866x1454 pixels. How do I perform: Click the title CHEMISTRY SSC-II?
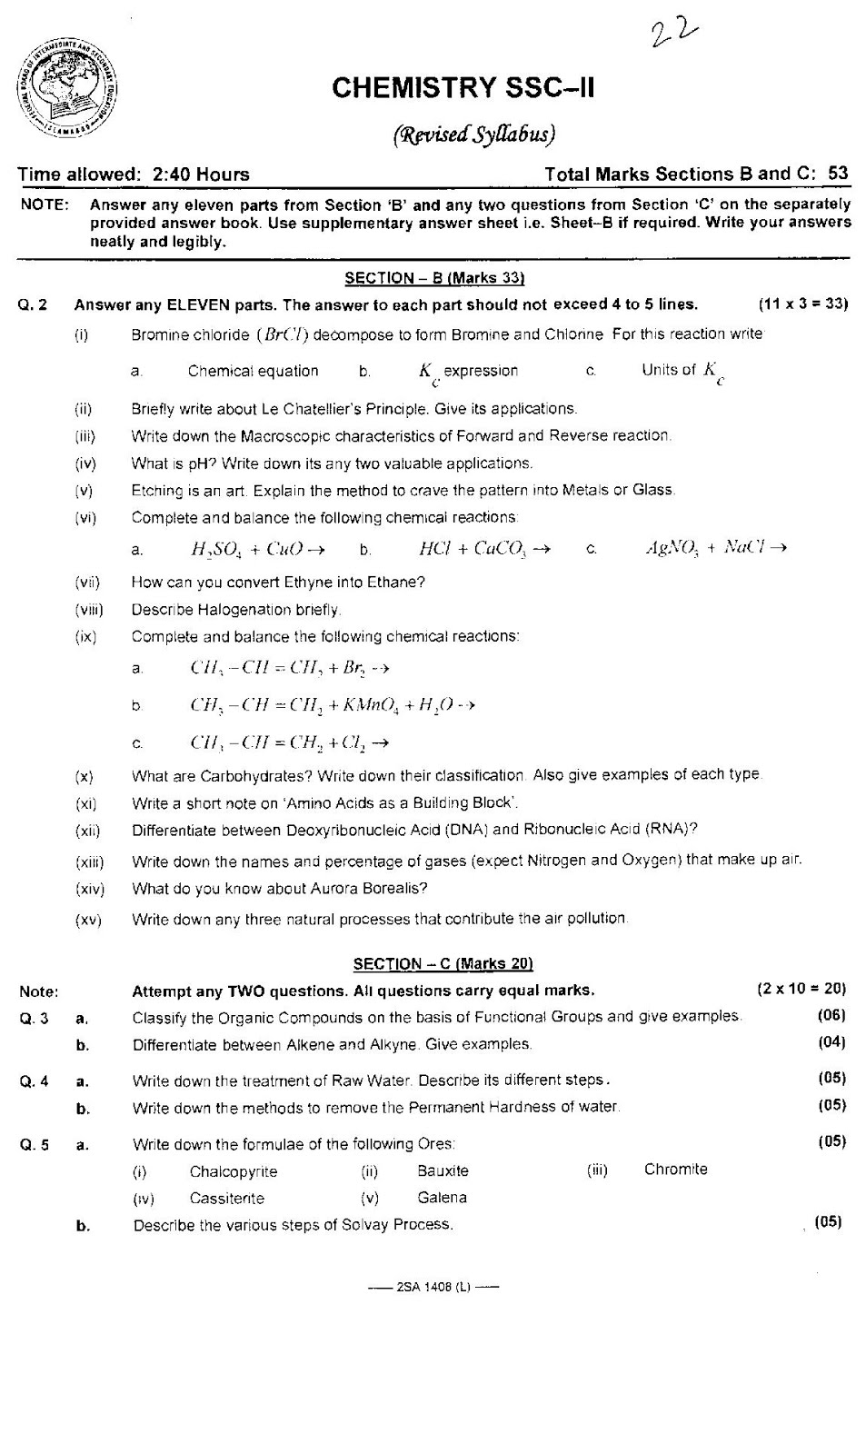463,88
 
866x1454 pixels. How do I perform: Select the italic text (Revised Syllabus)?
473,134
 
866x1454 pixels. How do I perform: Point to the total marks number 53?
838,174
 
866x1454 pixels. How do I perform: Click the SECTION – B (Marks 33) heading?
434,278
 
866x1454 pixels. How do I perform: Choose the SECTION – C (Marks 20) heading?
443,963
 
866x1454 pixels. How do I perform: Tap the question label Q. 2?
33,305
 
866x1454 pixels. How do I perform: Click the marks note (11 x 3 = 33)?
802,304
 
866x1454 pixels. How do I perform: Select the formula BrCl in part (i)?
283,334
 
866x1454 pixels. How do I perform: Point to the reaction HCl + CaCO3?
483,548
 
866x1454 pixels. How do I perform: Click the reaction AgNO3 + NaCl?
714,547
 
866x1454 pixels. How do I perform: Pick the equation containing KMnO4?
332,704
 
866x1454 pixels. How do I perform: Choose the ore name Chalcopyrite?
234,1171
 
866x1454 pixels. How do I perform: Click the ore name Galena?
443,1198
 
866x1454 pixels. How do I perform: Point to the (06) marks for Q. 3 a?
831,1015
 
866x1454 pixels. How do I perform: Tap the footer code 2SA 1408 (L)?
433,1286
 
